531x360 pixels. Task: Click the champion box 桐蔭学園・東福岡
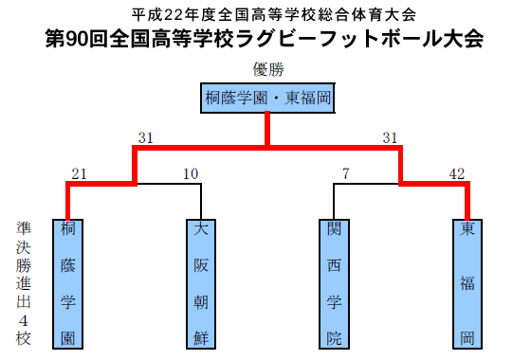click(x=268, y=99)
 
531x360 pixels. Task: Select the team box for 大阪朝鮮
click(x=200, y=282)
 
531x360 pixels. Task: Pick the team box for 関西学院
click(x=334, y=282)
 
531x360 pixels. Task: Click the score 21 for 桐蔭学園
click(x=79, y=173)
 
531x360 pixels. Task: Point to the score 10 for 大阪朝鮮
click(x=191, y=173)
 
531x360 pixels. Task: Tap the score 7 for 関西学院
click(x=346, y=173)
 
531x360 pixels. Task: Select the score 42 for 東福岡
click(x=457, y=173)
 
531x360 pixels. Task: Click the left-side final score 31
click(x=145, y=138)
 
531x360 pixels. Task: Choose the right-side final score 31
click(x=390, y=138)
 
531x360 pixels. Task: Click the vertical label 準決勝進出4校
click(x=23, y=282)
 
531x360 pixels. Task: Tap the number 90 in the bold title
click(x=75, y=40)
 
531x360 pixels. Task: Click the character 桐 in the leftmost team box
click(x=67, y=230)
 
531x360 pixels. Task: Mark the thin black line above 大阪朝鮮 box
click(x=200, y=199)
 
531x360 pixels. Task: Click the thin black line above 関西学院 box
click(x=334, y=199)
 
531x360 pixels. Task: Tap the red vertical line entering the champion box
click(x=268, y=129)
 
